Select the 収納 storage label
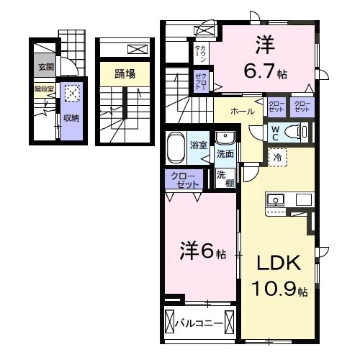(x=71, y=118)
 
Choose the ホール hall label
(x=241, y=112)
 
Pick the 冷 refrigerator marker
(x=277, y=155)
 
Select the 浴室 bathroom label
(x=198, y=145)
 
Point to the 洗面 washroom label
(x=225, y=154)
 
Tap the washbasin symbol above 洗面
(x=225, y=138)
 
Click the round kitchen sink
(x=274, y=199)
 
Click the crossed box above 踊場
(x=136, y=50)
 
